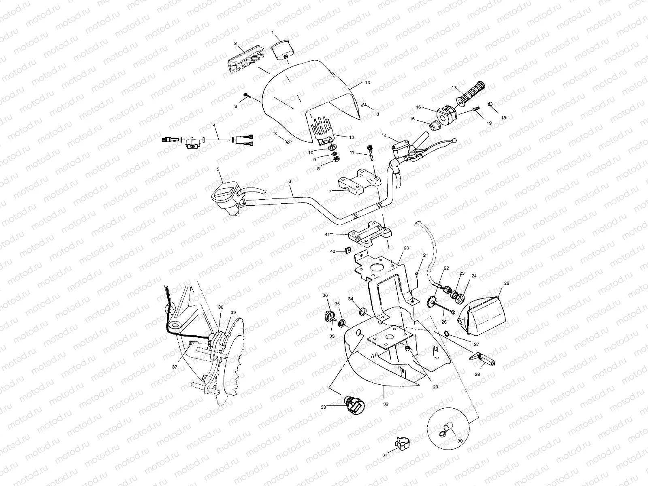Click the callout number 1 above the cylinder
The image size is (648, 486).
273,32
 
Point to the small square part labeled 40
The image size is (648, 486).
347,251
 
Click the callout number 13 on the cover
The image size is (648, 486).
367,82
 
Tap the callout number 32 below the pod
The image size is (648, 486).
386,404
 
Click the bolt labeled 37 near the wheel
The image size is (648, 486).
194,343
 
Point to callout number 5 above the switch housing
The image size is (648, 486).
217,169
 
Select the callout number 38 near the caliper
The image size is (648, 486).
220,307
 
